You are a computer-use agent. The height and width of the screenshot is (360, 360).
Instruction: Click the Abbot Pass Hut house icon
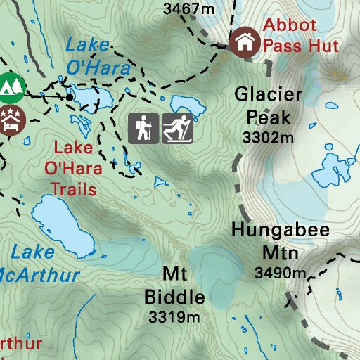(x=244, y=41)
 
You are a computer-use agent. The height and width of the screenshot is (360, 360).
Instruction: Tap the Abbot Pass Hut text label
(x=300, y=35)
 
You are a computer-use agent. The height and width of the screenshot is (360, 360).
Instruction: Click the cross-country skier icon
(x=177, y=128)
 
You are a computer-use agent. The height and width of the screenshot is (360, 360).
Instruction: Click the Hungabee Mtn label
(x=281, y=241)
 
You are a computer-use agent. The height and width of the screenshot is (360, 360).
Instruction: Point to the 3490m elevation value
(x=281, y=273)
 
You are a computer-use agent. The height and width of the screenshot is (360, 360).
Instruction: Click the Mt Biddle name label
(x=174, y=284)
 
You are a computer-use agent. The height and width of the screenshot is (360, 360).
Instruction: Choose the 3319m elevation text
(x=174, y=317)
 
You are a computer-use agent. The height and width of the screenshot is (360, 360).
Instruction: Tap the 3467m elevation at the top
(x=188, y=9)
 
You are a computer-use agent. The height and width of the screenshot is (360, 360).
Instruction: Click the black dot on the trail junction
(x=70, y=96)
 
